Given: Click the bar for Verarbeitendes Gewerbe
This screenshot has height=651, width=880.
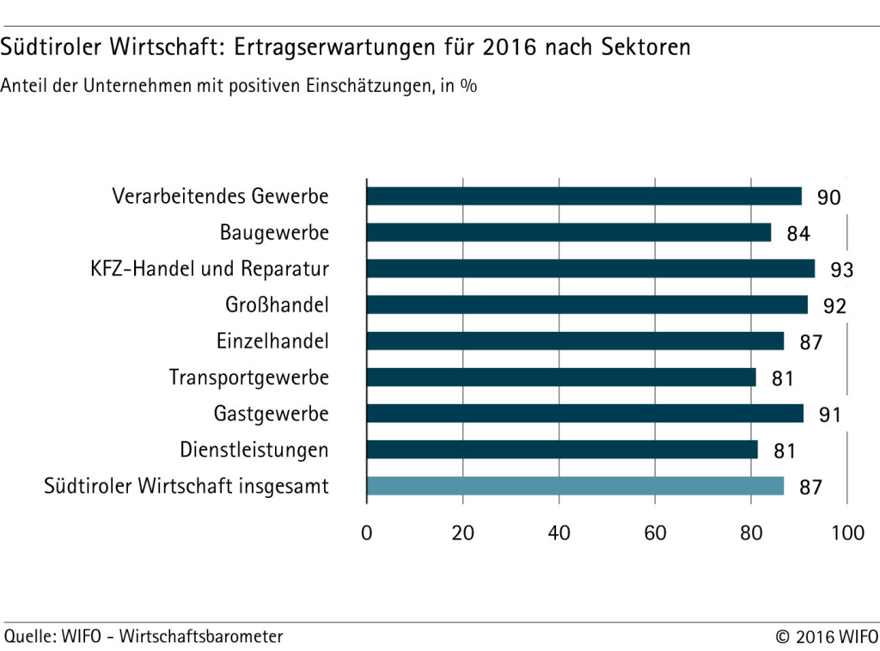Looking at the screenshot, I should pos(584,196).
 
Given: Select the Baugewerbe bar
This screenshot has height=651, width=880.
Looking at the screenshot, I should pos(568,233).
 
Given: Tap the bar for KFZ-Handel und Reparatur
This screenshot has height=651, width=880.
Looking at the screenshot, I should pos(590,269).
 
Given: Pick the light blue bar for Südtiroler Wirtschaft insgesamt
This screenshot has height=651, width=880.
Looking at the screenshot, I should pos(575,486).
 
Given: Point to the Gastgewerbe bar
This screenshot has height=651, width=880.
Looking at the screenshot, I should pos(584,414).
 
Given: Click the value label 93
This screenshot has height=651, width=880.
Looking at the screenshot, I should pos(842,270).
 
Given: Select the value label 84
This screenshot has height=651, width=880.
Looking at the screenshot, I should pos(798,234).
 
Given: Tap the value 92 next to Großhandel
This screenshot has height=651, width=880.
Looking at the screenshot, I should pos(834,306).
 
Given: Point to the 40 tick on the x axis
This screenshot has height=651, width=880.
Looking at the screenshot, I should pos(559,533).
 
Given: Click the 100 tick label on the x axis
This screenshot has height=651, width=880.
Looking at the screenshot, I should pos(847,533).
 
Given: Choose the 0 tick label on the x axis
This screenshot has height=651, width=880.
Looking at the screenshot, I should pos(367,533).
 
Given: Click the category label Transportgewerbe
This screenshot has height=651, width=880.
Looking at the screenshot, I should pos(248,378).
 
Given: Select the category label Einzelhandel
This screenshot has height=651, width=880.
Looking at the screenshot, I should pos(272,341).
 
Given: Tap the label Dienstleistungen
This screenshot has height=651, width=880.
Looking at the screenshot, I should pos(254,450).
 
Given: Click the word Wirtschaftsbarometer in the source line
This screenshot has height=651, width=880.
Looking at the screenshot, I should pos(201,636).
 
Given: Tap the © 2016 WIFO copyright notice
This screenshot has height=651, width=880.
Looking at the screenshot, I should pos(824,637).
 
